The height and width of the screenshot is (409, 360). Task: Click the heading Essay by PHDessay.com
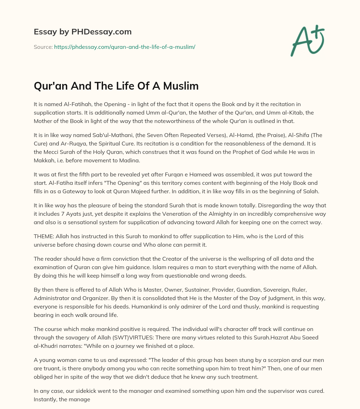tap(83, 32)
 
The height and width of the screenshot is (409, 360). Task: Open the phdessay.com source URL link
tap(124, 47)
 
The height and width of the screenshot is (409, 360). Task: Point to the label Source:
tap(43, 47)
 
